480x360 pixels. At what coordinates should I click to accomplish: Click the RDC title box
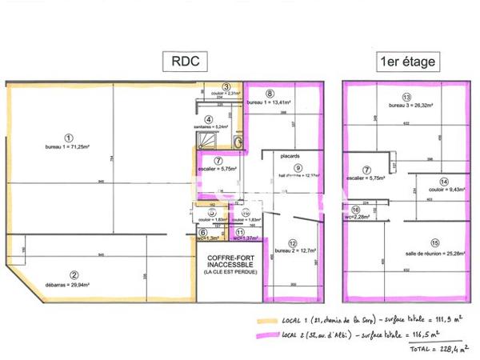tap(185, 62)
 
